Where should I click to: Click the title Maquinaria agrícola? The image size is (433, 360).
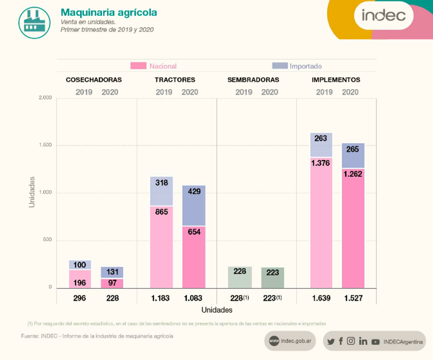pos(109,12)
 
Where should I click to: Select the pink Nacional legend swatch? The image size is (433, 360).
pos(138,66)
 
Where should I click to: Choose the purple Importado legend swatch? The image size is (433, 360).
pos(280,66)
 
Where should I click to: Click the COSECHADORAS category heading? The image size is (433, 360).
pos(94,80)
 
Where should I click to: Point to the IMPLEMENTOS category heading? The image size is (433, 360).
pos(336,80)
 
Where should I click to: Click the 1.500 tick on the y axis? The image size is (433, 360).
pos(46,145)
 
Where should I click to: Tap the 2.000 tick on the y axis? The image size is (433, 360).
pos(46,98)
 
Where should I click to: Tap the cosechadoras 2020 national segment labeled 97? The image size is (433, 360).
pos(112,283)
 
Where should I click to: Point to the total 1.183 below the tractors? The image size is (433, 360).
pos(161,298)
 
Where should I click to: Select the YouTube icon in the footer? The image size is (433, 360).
pos(375,341)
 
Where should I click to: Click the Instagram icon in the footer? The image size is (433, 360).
pos(351,341)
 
